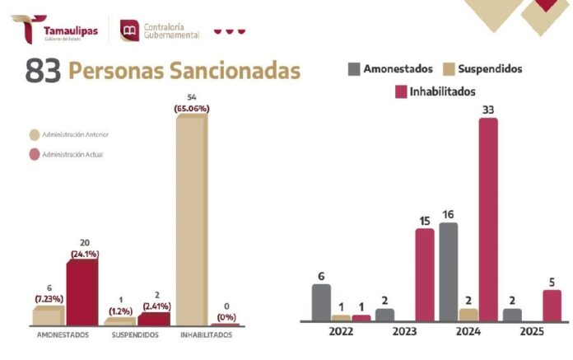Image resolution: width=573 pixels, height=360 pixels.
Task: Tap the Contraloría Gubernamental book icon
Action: (130, 31)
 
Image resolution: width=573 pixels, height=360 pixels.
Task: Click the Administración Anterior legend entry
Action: (74, 134)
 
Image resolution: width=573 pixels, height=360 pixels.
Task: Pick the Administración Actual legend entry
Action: (71, 153)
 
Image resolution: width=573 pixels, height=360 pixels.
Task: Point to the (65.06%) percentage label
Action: (193, 108)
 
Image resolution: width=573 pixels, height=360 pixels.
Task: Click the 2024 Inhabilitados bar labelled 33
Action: (488, 219)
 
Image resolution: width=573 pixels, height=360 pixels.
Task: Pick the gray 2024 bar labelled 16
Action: (448, 272)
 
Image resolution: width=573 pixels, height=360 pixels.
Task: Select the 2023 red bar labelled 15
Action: (424, 274)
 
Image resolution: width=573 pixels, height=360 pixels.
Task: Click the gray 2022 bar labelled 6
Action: (321, 302)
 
